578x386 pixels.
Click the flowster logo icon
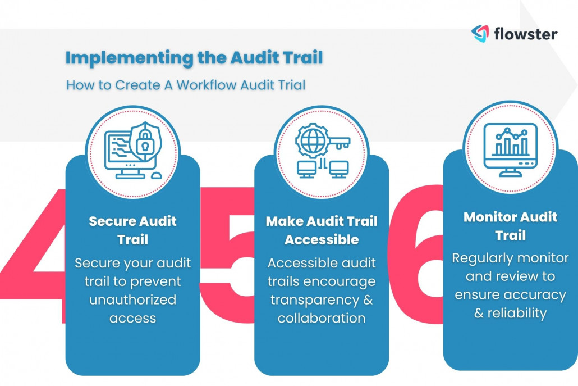480,33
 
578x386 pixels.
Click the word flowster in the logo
525,34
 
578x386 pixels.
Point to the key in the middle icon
337,142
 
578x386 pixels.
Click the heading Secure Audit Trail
132,230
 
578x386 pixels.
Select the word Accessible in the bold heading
321,240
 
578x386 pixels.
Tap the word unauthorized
132,299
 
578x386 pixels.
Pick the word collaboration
321,318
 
